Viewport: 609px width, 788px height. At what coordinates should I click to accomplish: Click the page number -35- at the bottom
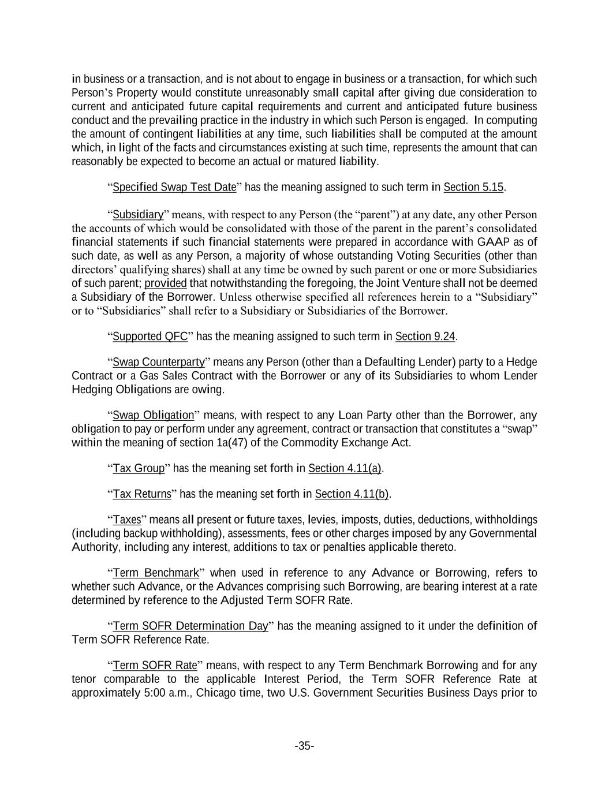[x=304, y=746]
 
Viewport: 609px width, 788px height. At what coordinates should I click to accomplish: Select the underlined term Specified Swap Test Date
[x=174, y=187]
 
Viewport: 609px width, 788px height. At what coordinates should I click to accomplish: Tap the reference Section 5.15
[x=473, y=187]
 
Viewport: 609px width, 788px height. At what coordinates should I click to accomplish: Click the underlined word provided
[x=166, y=283]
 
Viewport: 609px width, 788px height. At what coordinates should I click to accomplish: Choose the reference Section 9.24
[x=426, y=337]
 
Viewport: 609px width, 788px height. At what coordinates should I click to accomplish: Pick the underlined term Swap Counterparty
[x=159, y=362]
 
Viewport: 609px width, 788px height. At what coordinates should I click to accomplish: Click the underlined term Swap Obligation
[x=154, y=415]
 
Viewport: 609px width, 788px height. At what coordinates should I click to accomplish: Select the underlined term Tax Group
[x=139, y=468]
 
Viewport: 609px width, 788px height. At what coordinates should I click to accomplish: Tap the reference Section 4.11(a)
[x=345, y=468]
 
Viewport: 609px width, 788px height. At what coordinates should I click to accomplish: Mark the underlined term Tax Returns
[x=142, y=494]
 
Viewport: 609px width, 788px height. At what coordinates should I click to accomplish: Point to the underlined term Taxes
[x=127, y=520]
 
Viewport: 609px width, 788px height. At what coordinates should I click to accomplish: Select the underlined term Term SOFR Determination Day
[x=190, y=626]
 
